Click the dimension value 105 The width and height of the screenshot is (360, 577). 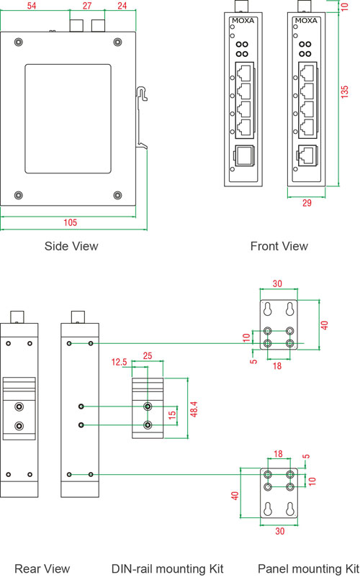(x=71, y=222)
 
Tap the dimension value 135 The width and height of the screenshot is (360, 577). (x=344, y=91)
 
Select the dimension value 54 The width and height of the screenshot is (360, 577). (x=32, y=6)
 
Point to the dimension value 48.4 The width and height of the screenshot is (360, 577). (x=194, y=409)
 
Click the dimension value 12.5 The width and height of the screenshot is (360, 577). (x=120, y=362)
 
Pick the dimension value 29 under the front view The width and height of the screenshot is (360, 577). (x=307, y=203)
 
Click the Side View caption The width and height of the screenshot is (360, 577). (x=71, y=246)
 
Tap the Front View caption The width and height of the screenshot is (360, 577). (x=279, y=246)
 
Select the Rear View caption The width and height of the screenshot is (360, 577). (x=42, y=568)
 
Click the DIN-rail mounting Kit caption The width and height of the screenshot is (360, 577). (x=168, y=568)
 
